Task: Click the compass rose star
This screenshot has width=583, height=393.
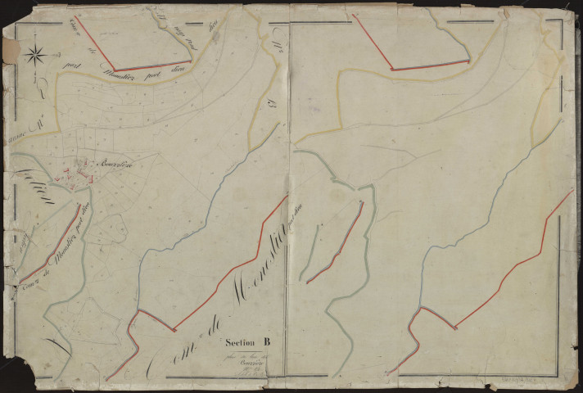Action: pos(34,55)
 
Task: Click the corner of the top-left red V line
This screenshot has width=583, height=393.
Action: pos(115,71)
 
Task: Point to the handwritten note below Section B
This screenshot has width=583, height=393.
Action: pos(246,361)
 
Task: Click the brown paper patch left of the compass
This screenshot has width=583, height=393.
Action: pos(10,50)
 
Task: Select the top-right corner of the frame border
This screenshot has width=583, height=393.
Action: pos(563,20)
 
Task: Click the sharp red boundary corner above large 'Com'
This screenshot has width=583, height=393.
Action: pos(174,331)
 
